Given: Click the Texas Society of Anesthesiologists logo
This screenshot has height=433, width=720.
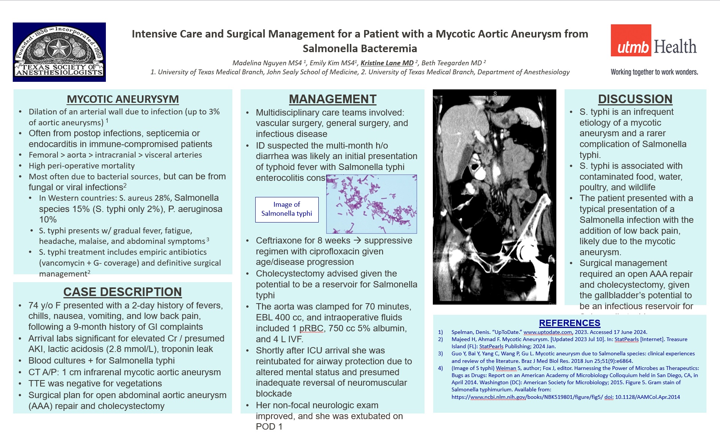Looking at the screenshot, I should [59, 52].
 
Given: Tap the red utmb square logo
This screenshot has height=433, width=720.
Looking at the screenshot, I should [631, 41].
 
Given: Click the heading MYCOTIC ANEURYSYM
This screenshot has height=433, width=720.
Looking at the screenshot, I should [123, 99].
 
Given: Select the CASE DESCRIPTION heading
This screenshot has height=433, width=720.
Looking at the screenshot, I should [122, 292].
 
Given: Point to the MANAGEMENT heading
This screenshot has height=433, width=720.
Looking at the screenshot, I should [333, 99].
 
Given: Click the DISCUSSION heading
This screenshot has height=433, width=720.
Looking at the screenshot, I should [635, 99].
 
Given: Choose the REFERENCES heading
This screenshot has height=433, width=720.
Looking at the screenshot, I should [569, 323].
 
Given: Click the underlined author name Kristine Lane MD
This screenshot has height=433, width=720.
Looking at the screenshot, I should [387, 63].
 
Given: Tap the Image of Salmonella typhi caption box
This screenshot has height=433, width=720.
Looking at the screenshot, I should [287, 209].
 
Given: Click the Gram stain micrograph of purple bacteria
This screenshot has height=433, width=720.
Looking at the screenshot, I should [371, 204].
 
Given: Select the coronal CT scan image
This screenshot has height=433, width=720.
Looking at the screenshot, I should [494, 197].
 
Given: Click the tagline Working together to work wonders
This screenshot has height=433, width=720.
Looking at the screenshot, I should [654, 72].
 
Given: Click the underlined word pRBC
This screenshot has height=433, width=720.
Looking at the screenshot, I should [312, 328].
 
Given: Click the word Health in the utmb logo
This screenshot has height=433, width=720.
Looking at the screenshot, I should [675, 47].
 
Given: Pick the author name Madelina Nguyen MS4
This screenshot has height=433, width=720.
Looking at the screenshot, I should [267, 63].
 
